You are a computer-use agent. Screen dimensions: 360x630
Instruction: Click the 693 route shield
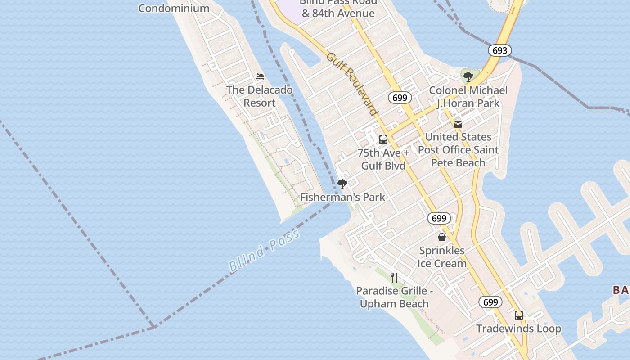[x=500, y=50]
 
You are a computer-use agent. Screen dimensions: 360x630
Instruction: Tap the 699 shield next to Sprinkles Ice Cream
[x=439, y=219]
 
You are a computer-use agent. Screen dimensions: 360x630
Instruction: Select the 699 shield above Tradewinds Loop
[x=490, y=302]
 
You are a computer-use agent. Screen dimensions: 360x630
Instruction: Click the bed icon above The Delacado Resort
[x=259, y=76]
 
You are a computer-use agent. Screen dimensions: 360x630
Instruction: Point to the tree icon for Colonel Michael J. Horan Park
[x=468, y=76]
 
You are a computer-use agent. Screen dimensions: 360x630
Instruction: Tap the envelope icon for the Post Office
[x=458, y=124]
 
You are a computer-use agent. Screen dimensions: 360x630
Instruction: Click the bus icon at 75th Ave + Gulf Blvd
[x=383, y=139]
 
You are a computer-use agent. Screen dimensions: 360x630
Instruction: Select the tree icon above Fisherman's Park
[x=342, y=184]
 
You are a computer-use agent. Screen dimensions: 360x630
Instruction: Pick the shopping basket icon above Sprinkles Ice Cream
[x=442, y=237]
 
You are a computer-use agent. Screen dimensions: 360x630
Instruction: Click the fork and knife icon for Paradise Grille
[x=394, y=277]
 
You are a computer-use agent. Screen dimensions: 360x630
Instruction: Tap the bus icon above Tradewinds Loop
[x=519, y=315]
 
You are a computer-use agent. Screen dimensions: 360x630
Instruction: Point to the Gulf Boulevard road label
[x=351, y=83]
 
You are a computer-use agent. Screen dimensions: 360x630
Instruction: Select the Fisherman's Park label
[x=342, y=197]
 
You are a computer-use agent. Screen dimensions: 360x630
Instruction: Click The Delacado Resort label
[x=260, y=96]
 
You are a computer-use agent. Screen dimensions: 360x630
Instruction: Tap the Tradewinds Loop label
[x=519, y=328]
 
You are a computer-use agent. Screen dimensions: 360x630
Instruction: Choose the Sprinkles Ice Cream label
[x=442, y=257]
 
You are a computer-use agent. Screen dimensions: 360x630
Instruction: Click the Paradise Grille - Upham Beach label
[x=394, y=297]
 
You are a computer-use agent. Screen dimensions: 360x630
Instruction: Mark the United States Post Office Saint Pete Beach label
[x=458, y=150]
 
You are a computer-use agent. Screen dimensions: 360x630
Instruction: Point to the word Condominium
[x=174, y=8]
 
